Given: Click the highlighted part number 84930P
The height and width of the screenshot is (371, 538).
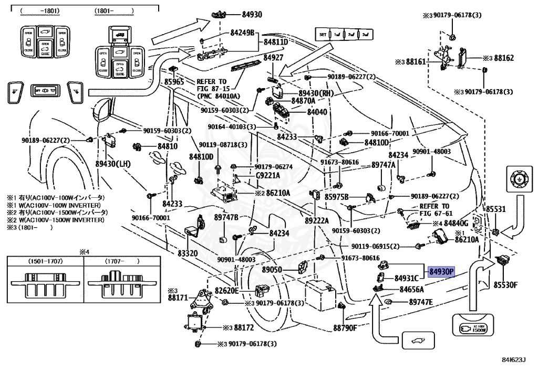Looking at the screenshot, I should click(x=441, y=272).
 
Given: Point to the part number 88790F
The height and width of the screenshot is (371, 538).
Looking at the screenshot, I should click(x=345, y=328).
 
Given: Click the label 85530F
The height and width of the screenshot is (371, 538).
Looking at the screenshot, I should click(x=505, y=284).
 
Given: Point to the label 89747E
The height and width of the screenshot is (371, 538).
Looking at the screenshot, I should click(x=421, y=302).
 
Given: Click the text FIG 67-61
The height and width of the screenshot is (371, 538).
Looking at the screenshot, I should click(x=436, y=214).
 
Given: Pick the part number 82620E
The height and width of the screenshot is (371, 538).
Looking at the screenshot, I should click(x=226, y=290).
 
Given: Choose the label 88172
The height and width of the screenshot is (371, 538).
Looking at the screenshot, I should click(x=244, y=327).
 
